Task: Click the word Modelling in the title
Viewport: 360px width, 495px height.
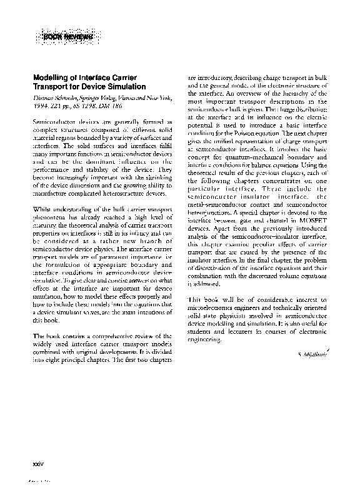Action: tap(49, 77)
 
